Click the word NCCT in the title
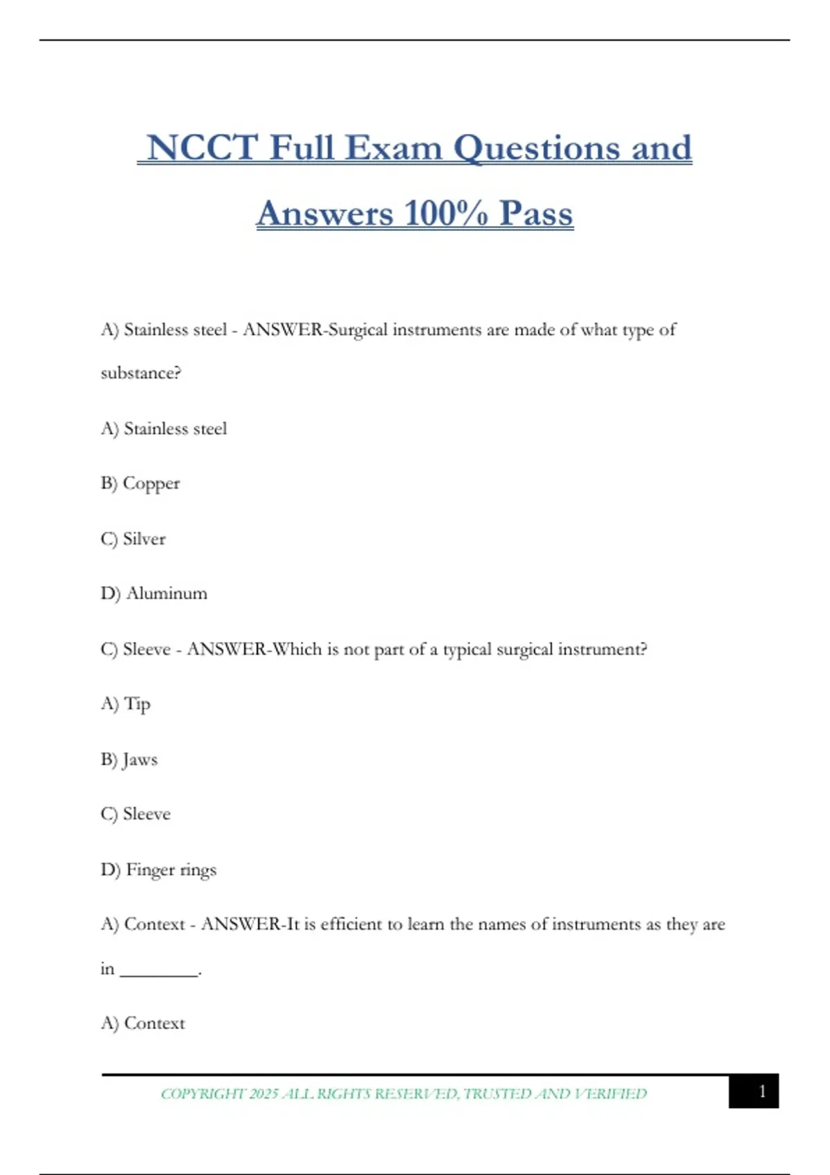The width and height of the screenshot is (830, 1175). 201,149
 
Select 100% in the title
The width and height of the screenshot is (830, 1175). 445,214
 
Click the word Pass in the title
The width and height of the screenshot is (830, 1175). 536,214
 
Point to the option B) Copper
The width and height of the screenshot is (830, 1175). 140,484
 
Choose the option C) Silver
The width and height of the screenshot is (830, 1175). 133,539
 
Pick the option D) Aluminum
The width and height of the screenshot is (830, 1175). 154,594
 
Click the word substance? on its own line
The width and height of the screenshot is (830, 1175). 141,373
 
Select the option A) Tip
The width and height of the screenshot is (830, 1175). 126,704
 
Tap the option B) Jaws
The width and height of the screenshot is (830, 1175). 129,760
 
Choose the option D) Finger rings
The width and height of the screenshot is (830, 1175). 158,869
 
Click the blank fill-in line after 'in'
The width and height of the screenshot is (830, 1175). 159,971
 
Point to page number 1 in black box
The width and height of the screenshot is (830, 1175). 762,1091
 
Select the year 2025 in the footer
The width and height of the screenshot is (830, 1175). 264,1094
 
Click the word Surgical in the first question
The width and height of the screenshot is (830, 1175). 358,330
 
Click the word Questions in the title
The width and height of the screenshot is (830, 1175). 537,149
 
